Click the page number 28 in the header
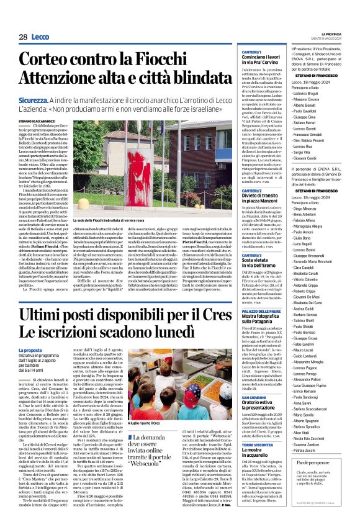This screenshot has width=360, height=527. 22,37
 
